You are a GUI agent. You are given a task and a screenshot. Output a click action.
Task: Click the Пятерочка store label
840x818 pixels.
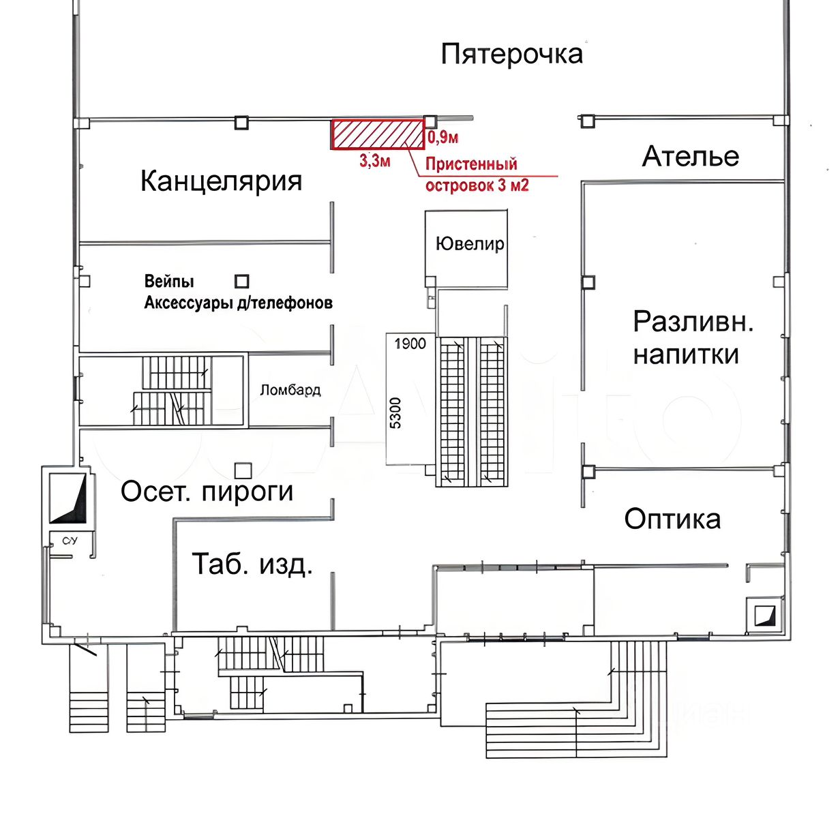click(x=511, y=54)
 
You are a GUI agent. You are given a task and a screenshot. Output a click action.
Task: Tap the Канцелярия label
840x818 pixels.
click(x=221, y=181)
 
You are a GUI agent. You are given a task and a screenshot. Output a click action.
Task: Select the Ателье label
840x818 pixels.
click(x=690, y=157)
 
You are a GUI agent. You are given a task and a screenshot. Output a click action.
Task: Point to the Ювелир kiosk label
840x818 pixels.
click(x=470, y=244)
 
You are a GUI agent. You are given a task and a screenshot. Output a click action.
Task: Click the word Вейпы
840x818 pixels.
click(x=169, y=281)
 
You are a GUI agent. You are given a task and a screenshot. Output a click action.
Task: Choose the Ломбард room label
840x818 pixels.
click(x=290, y=391)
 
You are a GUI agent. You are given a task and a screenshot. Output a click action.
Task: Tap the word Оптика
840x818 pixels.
click(x=672, y=519)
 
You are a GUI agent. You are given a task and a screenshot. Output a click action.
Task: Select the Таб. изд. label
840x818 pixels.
click(x=252, y=564)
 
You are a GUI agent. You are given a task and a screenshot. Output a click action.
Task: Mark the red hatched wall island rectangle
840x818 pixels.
click(x=378, y=134)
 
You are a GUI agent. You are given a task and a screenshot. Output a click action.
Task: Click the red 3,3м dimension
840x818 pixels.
click(x=375, y=162)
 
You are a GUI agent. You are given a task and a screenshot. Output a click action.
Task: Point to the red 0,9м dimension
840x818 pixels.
click(x=442, y=138)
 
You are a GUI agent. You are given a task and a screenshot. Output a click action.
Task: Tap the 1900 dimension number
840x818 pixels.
click(x=410, y=344)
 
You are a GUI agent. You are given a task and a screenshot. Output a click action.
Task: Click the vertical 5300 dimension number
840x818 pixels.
click(x=395, y=412)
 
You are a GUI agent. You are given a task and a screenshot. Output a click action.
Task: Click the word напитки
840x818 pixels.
click(x=686, y=355)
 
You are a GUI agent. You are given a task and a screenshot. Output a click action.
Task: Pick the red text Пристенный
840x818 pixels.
click(x=471, y=164)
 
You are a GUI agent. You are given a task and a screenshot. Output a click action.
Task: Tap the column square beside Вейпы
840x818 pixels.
click(x=242, y=281)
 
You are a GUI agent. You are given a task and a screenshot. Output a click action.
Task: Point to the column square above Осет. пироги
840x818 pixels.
click(x=243, y=470)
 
